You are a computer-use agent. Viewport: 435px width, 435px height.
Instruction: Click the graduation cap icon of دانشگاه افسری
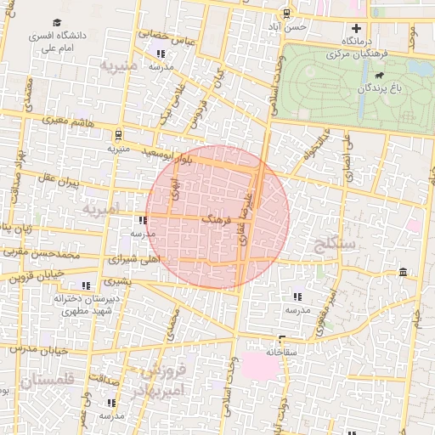(57, 23)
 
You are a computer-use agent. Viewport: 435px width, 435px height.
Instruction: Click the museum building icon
(402, 272)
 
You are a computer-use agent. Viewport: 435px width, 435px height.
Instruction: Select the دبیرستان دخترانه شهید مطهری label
(84, 305)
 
